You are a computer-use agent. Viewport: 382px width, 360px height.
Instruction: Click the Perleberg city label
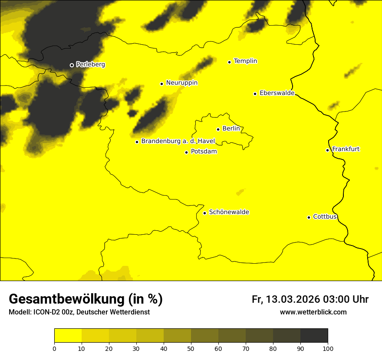[90, 65]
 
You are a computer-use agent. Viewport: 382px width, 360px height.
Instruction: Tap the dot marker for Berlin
[218, 129]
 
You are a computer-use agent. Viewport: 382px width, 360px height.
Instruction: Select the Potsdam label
[204, 152]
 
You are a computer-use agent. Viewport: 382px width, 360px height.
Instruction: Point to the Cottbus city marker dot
[309, 217]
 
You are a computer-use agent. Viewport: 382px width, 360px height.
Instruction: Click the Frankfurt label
[346, 149]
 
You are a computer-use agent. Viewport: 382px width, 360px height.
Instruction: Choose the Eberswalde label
[277, 93]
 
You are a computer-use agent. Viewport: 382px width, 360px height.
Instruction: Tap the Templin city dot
[229, 62]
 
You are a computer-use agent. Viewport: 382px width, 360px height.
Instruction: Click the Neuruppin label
[181, 83]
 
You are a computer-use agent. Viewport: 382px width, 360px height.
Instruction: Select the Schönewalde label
[229, 212]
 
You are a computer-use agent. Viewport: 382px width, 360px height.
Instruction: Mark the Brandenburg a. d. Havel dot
[137, 142]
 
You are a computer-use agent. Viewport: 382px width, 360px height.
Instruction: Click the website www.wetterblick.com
[313, 312]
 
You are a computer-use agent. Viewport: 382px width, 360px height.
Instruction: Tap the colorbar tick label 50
[191, 348]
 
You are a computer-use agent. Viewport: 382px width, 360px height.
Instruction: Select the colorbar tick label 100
[328, 348]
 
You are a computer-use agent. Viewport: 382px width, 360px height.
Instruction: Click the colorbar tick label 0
[54, 348]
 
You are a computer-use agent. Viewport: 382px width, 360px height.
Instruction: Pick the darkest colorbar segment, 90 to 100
[314, 336]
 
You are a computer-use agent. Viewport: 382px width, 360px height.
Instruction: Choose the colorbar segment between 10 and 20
[95, 336]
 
